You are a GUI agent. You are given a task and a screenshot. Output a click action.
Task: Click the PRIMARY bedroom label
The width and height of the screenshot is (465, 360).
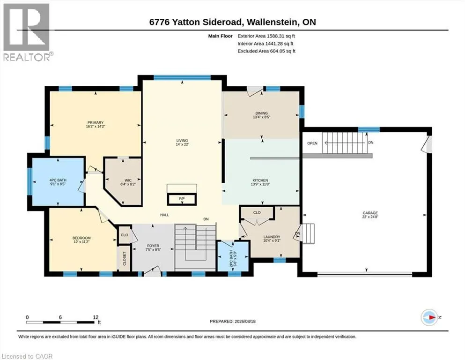coord(96,122)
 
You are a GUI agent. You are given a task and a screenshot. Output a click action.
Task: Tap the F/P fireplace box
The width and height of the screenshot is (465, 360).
coord(182,199)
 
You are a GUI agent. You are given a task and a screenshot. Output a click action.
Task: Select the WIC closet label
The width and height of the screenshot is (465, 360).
coord(128,180)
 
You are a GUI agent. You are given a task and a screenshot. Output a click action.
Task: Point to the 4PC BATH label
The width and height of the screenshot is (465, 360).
coord(58,180)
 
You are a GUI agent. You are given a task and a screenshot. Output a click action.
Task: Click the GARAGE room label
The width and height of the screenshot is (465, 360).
coord(370,213)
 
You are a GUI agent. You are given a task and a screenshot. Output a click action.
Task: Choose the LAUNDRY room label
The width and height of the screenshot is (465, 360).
coord(272,237)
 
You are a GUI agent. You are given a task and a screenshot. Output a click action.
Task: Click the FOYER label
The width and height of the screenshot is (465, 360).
coord(153,246)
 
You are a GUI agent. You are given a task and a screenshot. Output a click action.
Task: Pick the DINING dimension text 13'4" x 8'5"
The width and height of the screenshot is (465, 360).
coord(262,117)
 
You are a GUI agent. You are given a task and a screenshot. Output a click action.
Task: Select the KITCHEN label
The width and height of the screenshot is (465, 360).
coord(260,180)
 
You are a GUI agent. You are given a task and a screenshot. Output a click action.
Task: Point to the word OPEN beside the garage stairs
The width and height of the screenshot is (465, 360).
coord(312,143)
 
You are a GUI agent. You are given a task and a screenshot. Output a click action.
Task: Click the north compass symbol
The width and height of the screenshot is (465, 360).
coord(429,317)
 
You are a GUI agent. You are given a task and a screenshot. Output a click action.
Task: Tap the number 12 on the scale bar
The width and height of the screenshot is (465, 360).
coord(96,317)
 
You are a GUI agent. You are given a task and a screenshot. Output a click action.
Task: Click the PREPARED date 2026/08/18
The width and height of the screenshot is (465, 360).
coord(245,321)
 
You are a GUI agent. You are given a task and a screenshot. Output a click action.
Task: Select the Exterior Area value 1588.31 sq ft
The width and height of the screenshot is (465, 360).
coord(281,36)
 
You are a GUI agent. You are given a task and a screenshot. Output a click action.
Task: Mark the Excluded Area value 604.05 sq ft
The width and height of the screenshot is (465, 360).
coord(283,51)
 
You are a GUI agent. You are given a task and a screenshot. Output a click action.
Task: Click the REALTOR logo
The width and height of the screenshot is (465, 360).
coord(28,32)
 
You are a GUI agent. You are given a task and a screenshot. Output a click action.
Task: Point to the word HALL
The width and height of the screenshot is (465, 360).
coord(164,215)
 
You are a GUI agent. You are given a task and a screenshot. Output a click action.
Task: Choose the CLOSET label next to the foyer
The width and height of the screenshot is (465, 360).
coord(125,258)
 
